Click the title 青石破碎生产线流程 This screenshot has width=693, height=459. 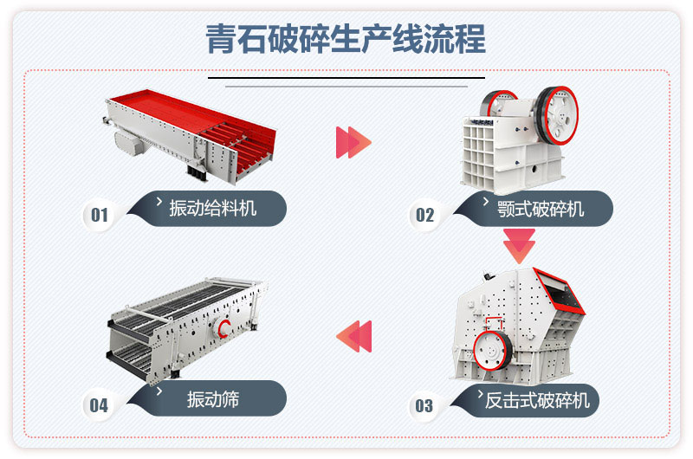click(x=346, y=40)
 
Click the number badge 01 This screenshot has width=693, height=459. click(x=100, y=214)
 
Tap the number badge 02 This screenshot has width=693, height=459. click(x=424, y=214)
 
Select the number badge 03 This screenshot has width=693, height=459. click(x=424, y=404)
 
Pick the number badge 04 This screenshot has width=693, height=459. click(x=100, y=404)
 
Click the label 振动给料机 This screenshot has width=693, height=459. click(x=212, y=209)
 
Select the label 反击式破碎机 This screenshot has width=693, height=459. click(x=536, y=400)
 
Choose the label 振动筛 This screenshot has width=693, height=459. click(x=212, y=400)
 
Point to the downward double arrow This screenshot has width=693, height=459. click(x=520, y=246)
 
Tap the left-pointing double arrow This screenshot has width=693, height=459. click(x=353, y=335)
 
